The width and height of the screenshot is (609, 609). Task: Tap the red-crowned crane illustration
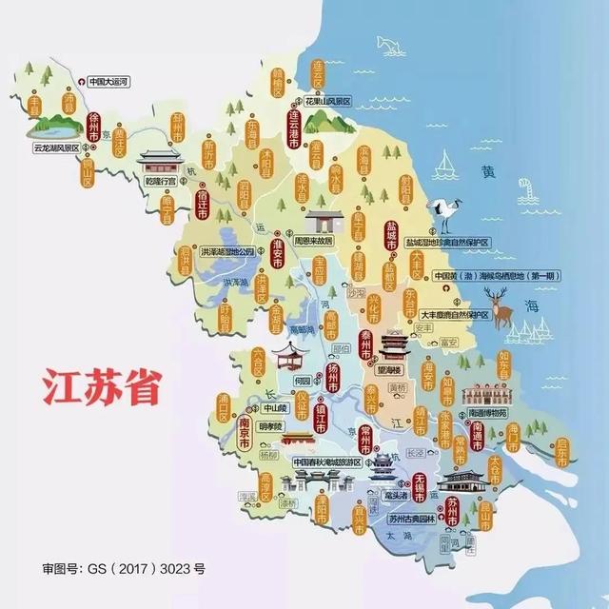click(443, 214)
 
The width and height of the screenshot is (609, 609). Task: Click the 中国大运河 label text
click(112, 82)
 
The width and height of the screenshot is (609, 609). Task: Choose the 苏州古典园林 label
click(411, 520)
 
